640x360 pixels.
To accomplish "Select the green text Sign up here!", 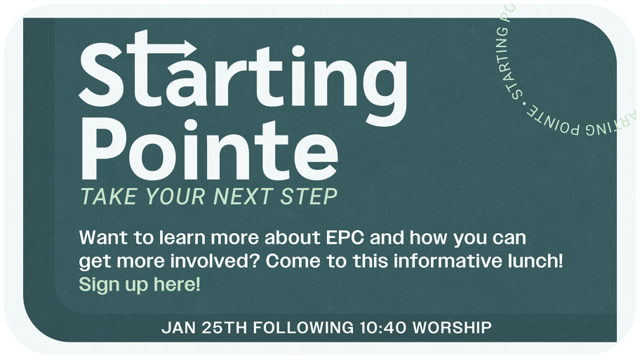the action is [x=140, y=284].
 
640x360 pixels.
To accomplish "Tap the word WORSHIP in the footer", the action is [x=452, y=328].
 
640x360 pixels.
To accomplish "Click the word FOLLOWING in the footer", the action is [x=304, y=328].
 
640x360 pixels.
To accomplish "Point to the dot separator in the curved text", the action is [x=524, y=103].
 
